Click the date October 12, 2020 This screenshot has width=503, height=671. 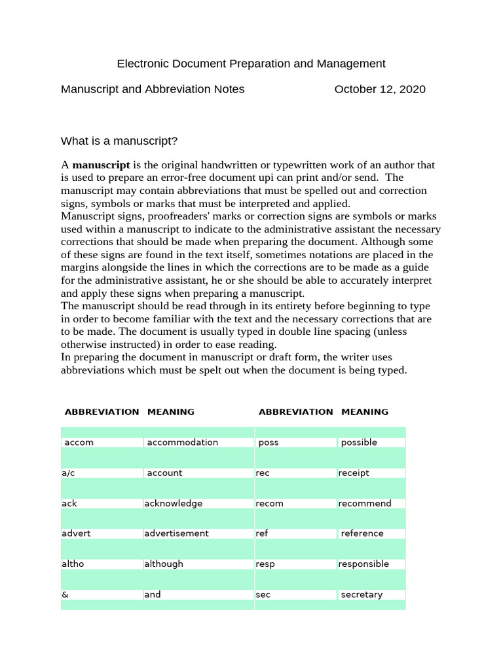379,89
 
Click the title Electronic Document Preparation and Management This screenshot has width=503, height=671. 251,64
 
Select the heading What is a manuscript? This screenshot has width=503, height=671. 119,141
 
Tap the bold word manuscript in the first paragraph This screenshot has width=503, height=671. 101,165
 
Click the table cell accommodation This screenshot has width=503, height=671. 182,442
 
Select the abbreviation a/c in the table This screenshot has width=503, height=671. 68,473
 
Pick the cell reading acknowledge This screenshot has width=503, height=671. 174,503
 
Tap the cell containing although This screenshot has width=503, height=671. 164,564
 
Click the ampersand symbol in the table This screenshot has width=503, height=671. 65,595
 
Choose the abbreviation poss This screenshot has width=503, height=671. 269,442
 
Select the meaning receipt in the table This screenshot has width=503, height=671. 354,473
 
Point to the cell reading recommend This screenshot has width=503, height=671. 365,503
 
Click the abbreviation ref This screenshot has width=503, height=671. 262,533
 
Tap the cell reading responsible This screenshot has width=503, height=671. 363,564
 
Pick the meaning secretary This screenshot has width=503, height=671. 362,595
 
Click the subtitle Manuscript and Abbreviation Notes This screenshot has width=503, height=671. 153,89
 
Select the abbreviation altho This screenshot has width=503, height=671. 73,564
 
